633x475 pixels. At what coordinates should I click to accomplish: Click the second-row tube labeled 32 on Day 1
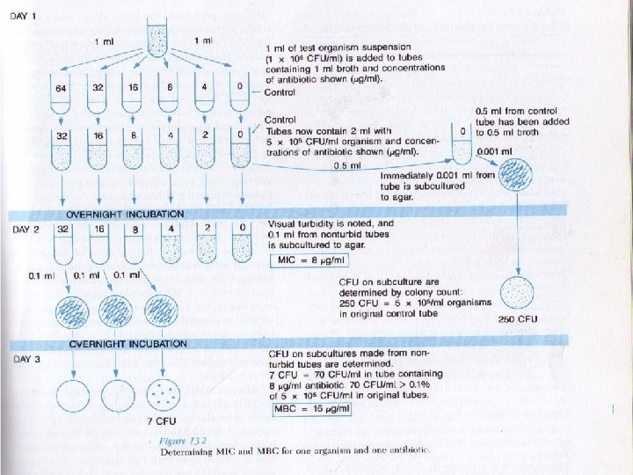pos(61,150)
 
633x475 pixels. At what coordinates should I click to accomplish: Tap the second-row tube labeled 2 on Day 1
pos(204,150)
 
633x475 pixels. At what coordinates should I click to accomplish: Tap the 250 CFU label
pos(518,318)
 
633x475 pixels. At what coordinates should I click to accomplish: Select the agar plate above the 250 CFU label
pos(517,289)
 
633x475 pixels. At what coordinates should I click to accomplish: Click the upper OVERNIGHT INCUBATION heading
pos(125,214)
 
